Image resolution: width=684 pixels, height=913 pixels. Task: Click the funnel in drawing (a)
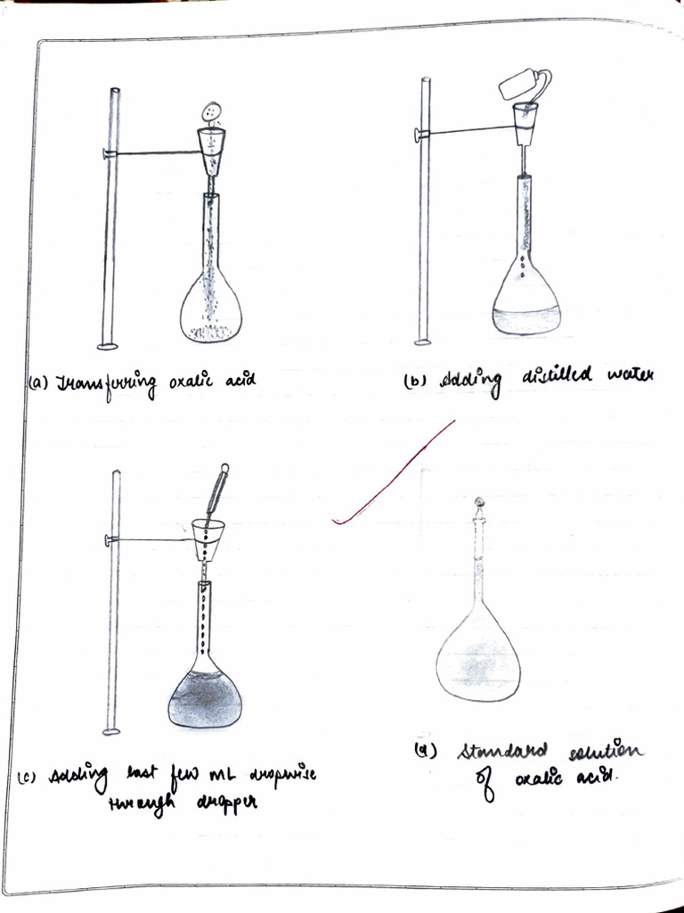(x=211, y=149)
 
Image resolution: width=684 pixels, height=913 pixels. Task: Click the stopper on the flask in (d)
(x=479, y=505)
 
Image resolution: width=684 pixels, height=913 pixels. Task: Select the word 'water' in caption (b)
(x=630, y=375)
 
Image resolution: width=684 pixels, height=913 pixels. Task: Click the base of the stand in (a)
(x=109, y=346)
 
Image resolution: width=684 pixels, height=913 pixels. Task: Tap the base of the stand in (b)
(x=422, y=341)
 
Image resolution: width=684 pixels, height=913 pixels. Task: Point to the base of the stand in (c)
(x=111, y=732)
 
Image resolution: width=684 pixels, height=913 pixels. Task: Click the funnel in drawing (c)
(x=208, y=538)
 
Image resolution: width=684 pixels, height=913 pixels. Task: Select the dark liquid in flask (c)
(x=205, y=700)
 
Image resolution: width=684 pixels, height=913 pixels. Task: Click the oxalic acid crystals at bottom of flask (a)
(x=211, y=333)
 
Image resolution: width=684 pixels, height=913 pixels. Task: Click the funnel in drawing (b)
(x=525, y=122)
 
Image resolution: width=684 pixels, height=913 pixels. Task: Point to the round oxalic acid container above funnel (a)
(x=212, y=112)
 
